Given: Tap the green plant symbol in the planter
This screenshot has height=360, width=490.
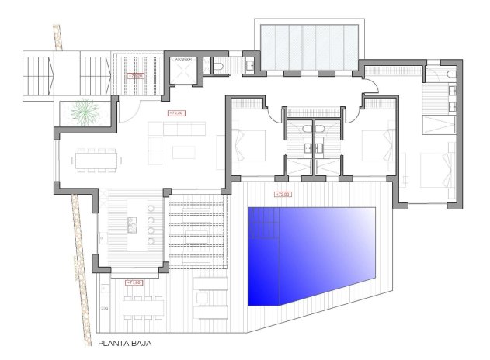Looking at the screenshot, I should tap(82, 113).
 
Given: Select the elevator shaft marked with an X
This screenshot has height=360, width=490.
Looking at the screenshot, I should tap(184, 71).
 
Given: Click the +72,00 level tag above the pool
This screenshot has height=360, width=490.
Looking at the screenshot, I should tap(283, 195).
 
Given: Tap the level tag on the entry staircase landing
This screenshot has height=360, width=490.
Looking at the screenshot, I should tap(138, 75).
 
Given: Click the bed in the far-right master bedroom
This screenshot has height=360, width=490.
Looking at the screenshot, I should tap(431, 166).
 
